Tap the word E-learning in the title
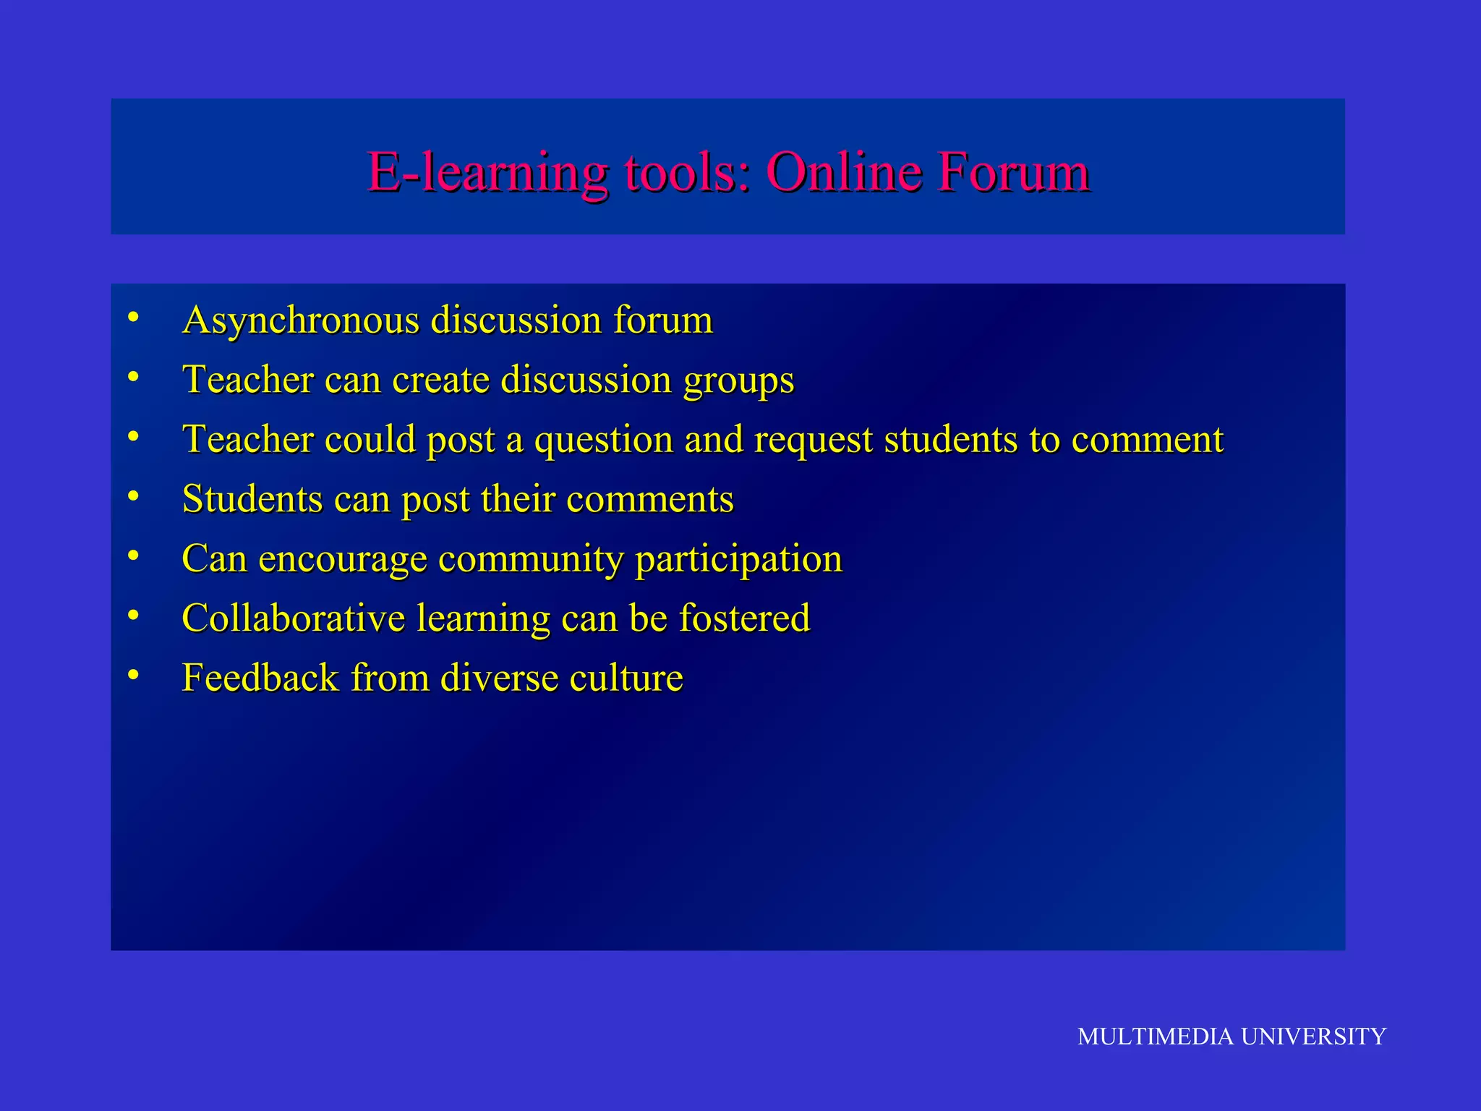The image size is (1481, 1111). coord(488,174)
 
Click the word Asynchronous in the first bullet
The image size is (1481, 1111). coord(301,320)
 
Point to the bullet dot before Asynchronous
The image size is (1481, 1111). coord(133,316)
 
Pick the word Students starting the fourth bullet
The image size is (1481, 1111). coord(252,499)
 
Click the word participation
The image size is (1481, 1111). coord(738,560)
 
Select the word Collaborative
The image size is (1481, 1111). coord(294,618)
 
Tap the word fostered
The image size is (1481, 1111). coord(744,618)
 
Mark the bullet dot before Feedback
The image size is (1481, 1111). coord(133,674)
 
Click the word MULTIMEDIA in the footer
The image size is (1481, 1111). coord(1155,1036)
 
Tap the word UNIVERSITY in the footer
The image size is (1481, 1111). coord(1313,1036)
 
